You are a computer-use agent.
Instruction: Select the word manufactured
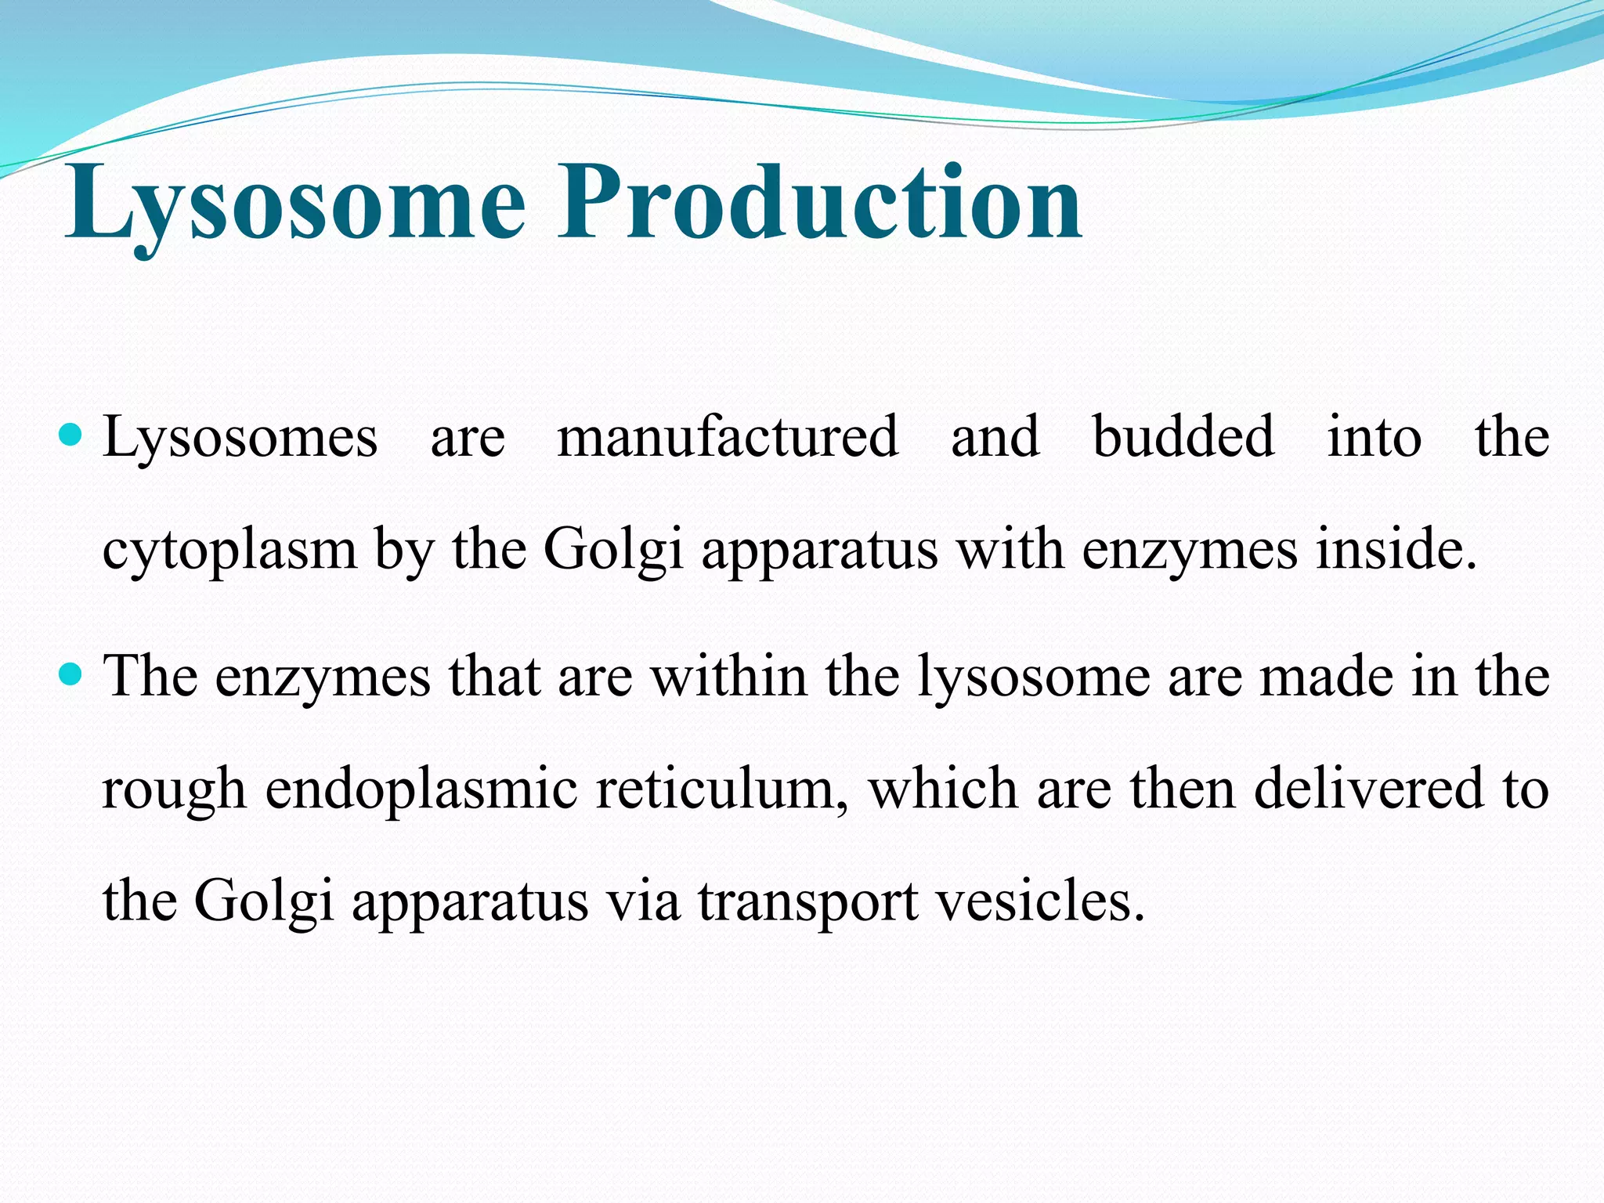click(727, 437)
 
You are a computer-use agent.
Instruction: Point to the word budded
click(1183, 437)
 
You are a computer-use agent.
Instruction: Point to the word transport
click(808, 903)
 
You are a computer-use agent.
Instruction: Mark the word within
click(729, 676)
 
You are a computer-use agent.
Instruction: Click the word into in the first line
click(1375, 437)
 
